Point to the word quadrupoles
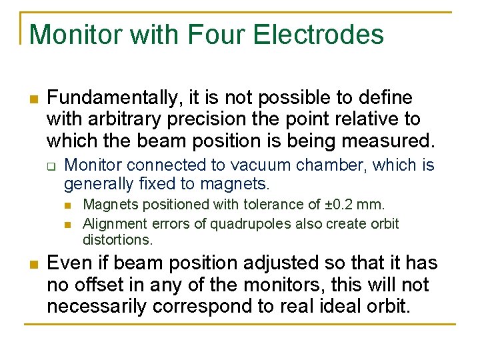point(243,223)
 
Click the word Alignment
point(112,223)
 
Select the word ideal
point(346,306)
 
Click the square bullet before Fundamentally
point(33,99)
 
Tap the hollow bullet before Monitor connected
point(51,166)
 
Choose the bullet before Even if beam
point(33,265)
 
